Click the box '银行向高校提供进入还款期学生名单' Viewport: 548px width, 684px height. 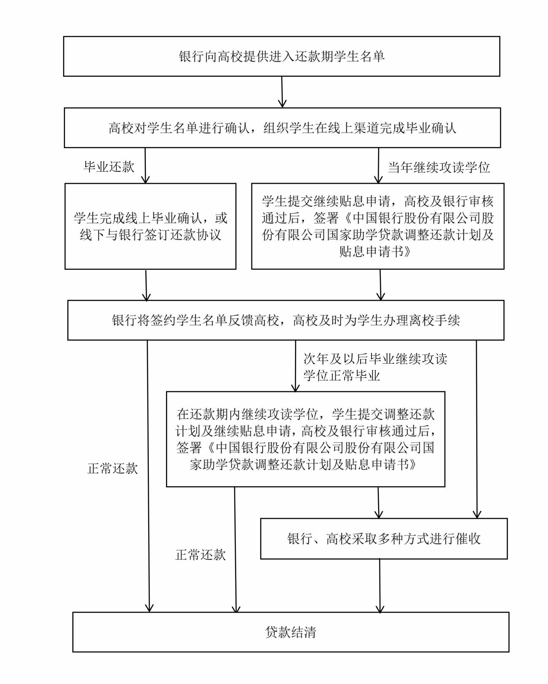click(282, 56)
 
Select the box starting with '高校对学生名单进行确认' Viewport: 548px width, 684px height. click(282, 128)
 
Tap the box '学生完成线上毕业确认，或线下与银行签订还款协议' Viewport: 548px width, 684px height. click(150, 226)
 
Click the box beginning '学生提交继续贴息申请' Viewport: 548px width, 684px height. click(377, 226)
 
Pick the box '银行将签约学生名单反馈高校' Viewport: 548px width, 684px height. click(286, 320)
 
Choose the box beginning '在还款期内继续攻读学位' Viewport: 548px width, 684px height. click(306, 439)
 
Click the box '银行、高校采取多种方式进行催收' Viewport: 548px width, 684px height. click(384, 539)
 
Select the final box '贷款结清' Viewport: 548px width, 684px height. click(290, 632)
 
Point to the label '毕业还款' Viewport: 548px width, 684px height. click(109, 167)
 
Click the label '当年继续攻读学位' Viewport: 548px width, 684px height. click(439, 168)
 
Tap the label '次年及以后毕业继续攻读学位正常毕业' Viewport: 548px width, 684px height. click(375, 367)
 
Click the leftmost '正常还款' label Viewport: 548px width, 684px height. click(113, 468)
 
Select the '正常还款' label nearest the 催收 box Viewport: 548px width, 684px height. click(200, 555)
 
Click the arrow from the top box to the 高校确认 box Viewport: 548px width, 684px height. click(282, 92)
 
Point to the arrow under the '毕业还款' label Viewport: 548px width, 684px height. click(145, 165)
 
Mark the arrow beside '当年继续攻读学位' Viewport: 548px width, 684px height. click(378, 165)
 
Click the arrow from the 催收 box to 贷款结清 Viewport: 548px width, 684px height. click(380, 586)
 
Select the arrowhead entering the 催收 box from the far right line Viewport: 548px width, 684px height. click(477, 513)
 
